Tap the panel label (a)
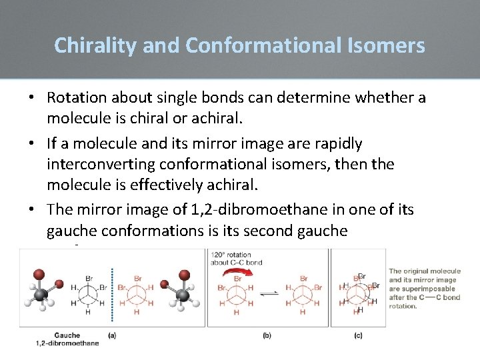point(111,335)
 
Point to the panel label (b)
point(267,335)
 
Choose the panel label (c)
point(359,335)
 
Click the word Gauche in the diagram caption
point(67,335)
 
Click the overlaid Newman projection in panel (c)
point(359,292)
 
